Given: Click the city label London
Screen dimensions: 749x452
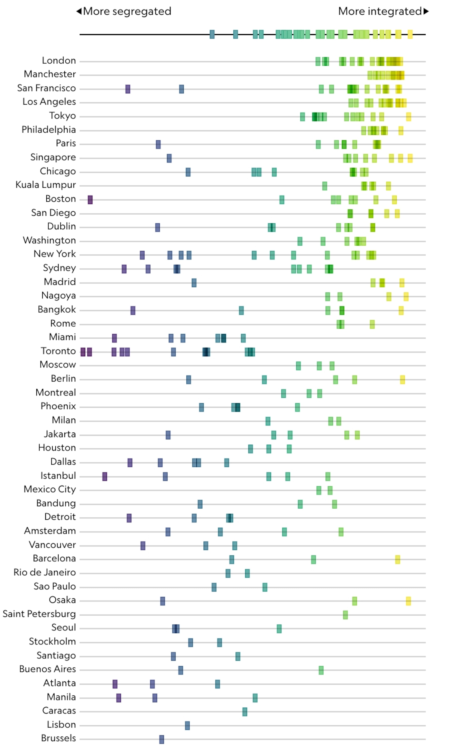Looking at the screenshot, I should click(59, 60).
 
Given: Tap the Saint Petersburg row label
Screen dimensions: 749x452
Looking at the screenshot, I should click(39, 614).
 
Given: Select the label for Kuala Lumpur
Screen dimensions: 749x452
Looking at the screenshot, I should click(46, 185).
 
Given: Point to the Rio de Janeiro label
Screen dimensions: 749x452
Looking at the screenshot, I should click(45, 572).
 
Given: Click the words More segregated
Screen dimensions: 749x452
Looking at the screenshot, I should click(127, 11).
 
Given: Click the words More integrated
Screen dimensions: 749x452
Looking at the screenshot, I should click(380, 11).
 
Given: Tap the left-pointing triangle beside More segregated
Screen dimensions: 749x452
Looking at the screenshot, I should click(79, 11).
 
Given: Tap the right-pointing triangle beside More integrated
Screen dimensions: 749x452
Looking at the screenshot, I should click(426, 11).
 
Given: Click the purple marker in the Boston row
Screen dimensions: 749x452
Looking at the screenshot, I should click(90, 200).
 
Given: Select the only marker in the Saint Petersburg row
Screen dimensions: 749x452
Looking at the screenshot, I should click(345, 615).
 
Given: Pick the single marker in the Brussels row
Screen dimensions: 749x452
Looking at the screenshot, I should click(161, 739).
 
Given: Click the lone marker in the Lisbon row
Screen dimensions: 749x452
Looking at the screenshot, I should click(187, 726).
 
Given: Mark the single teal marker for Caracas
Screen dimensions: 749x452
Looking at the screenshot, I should click(245, 712).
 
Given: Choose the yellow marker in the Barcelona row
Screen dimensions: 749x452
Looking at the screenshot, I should click(398, 559).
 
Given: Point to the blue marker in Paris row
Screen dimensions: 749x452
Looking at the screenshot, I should click(158, 144).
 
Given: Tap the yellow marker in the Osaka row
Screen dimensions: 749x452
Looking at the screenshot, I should click(408, 601).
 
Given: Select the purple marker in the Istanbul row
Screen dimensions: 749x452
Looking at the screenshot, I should click(105, 477).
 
